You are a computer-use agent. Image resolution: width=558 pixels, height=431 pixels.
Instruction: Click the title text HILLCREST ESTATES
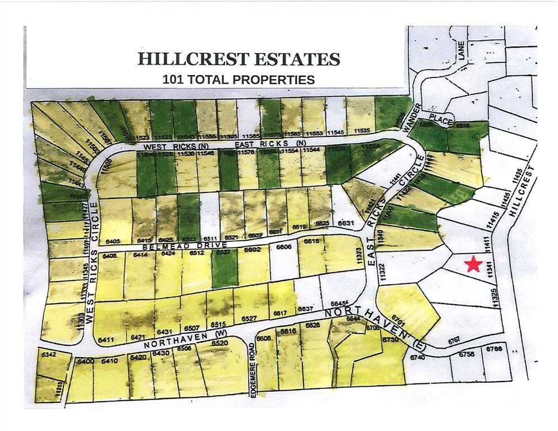click(x=239, y=59)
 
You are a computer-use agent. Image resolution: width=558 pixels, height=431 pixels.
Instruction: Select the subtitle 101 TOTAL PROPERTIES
click(x=239, y=79)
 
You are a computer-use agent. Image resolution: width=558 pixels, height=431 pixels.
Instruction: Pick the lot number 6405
click(x=112, y=241)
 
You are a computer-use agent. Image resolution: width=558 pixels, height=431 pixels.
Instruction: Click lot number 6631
click(x=346, y=223)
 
